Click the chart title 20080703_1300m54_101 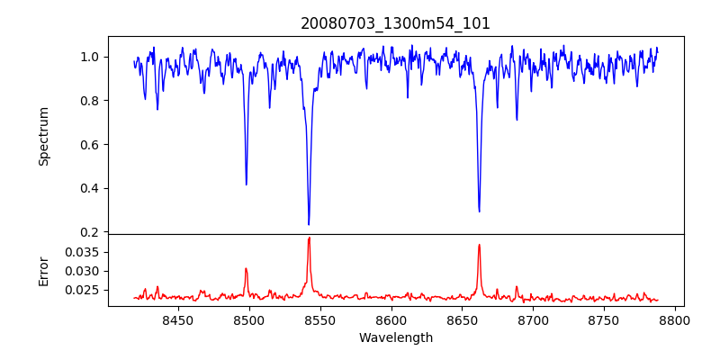(395, 23)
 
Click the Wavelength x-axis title (395, 338)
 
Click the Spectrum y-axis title (43, 136)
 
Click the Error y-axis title (43, 270)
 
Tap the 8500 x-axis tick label (248, 319)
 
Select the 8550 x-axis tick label (319, 319)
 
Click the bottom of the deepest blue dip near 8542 (309, 224)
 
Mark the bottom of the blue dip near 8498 (246, 184)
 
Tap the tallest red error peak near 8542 (309, 238)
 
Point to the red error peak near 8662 (479, 245)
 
